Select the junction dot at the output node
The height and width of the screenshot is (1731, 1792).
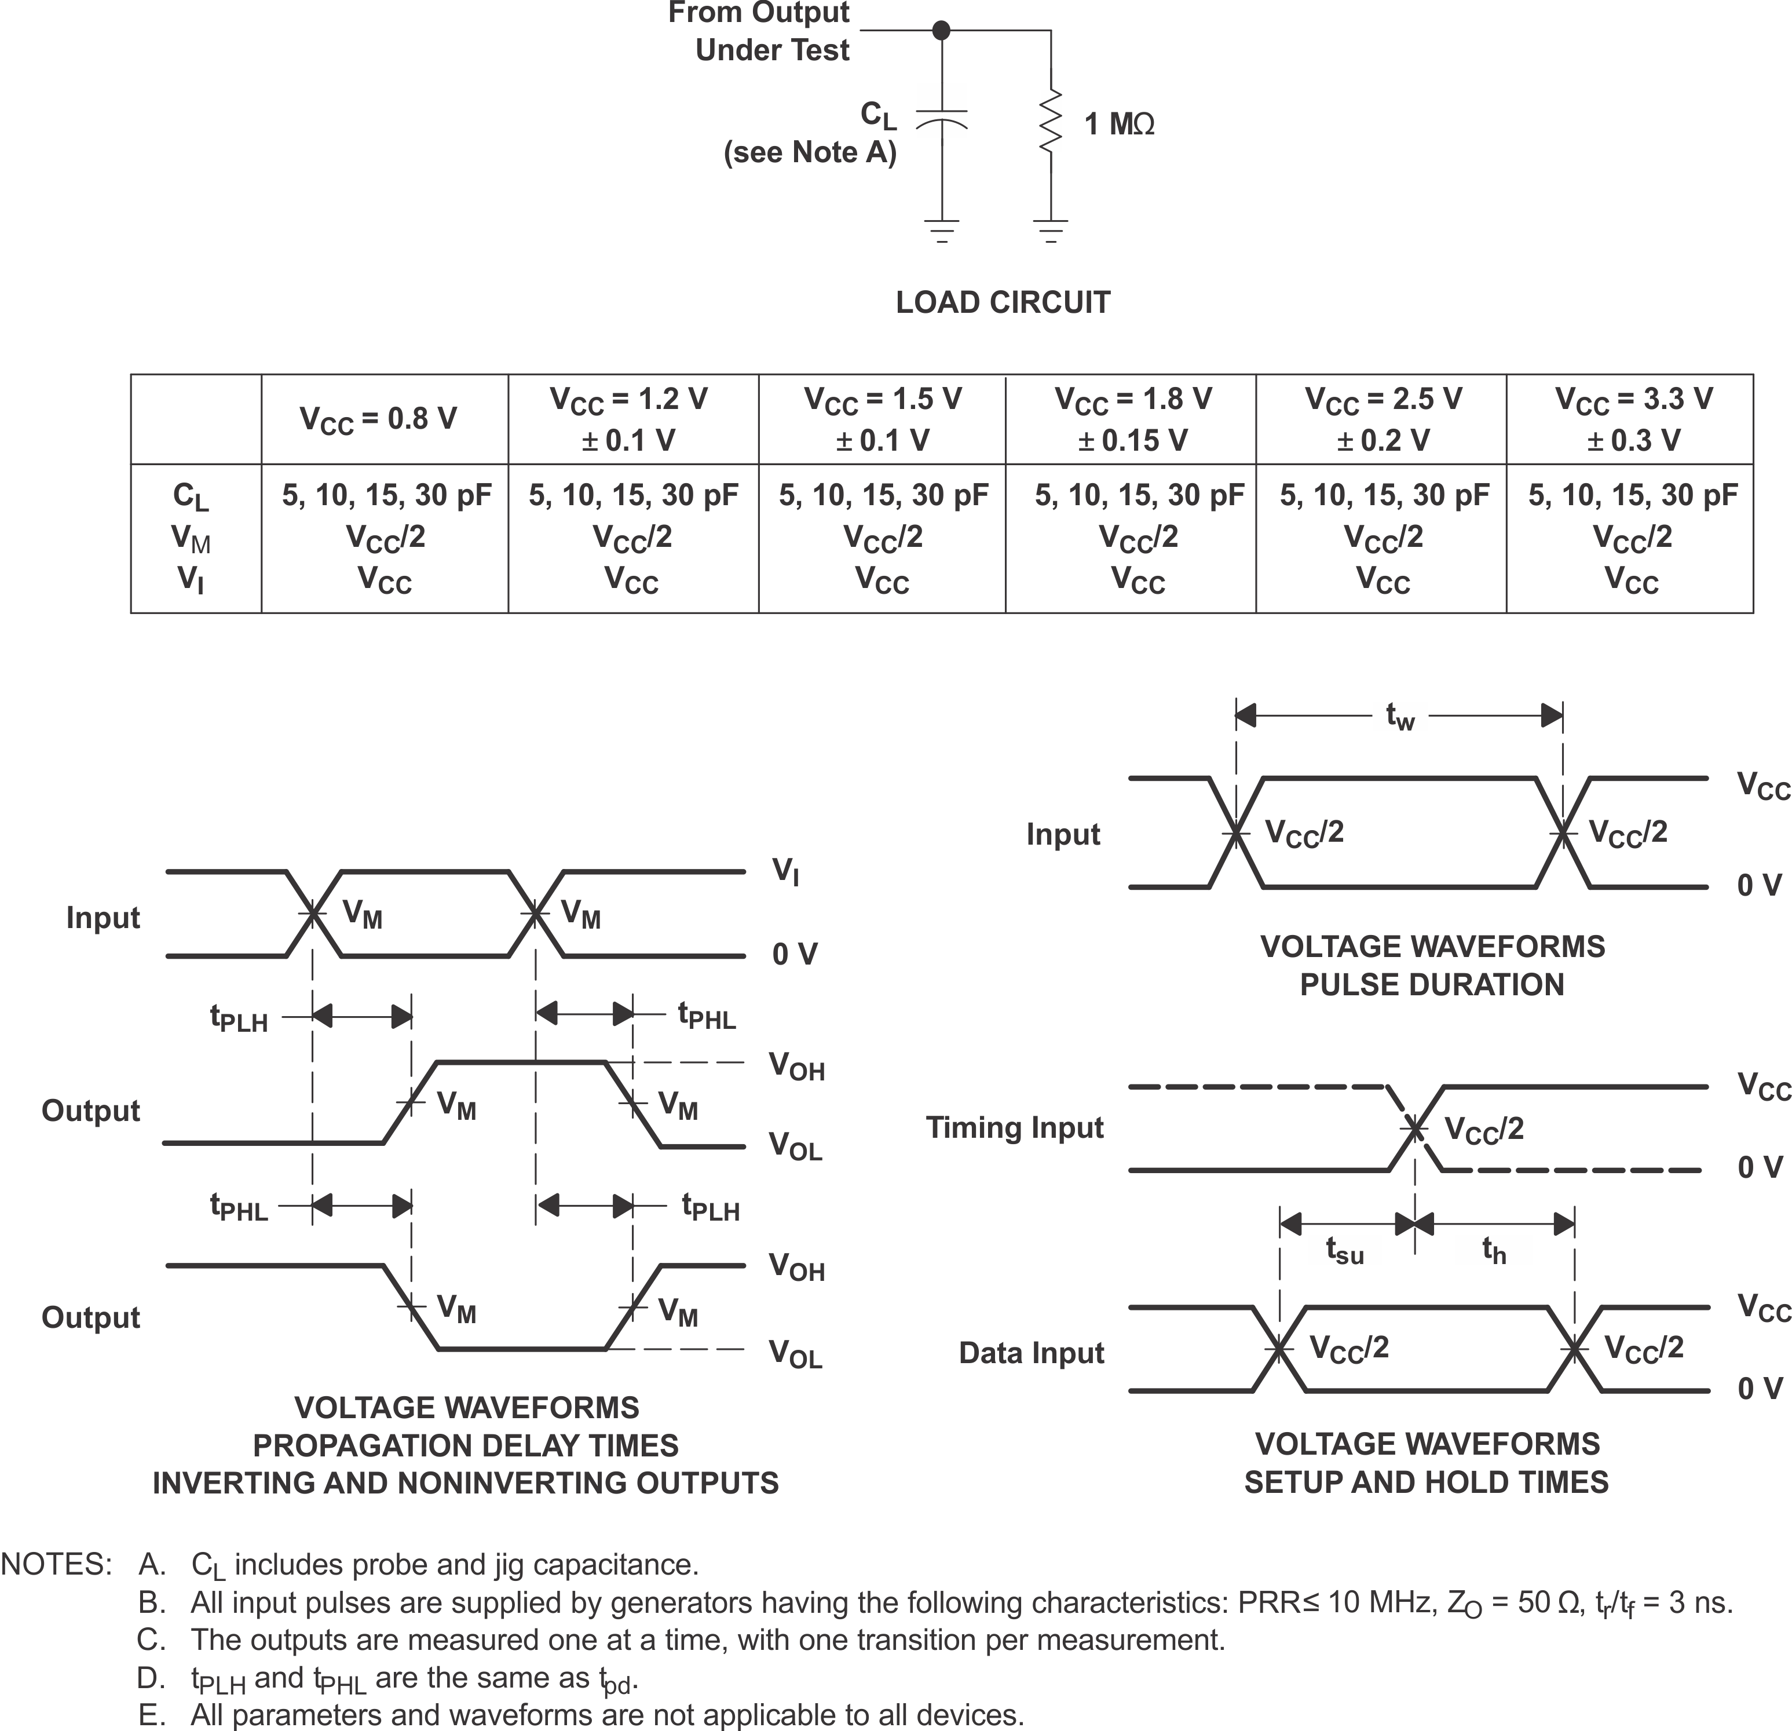pos(941,31)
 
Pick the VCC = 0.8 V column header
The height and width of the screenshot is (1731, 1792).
pos(379,419)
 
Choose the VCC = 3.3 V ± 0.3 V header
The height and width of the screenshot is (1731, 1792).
pos(1633,419)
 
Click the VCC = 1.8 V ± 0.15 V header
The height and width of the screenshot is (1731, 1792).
pos(1133,419)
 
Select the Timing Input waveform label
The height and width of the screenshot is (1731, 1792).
pos(1015,1127)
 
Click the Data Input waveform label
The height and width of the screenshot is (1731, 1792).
pos(1032,1353)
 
